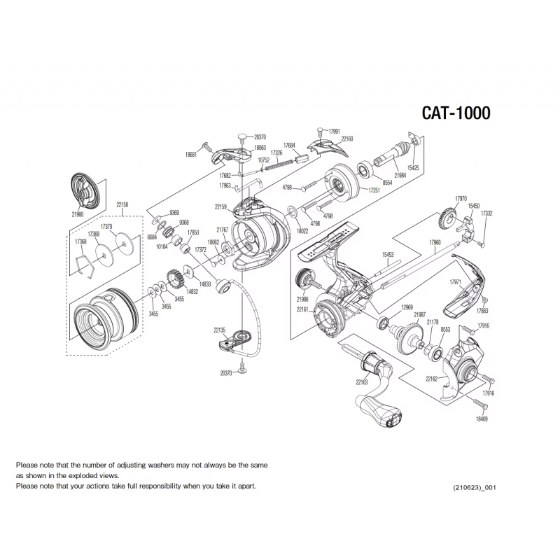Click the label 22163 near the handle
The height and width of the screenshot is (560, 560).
point(361,382)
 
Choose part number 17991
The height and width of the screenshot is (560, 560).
point(334,131)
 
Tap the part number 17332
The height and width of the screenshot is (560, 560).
point(486,213)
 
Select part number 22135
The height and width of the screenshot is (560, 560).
point(220,329)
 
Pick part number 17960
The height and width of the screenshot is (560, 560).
point(435,242)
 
